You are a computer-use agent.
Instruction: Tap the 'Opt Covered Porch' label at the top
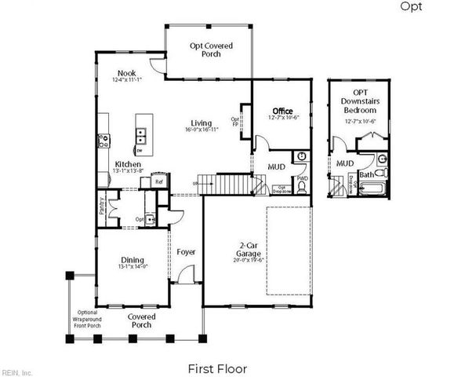pyautogui.click(x=212, y=50)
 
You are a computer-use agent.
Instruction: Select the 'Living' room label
pyautogui.click(x=202, y=123)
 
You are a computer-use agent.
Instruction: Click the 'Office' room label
pyautogui.click(x=282, y=111)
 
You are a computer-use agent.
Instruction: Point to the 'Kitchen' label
pyautogui.click(x=128, y=164)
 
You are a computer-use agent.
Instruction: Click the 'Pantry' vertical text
pyautogui.click(x=103, y=206)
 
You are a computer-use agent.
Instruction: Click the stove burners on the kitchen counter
pyautogui.click(x=102, y=142)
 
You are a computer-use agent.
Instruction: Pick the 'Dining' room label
pyautogui.click(x=132, y=260)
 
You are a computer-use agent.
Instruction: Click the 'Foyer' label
pyautogui.click(x=186, y=252)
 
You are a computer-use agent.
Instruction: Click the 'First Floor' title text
pyautogui.click(x=217, y=368)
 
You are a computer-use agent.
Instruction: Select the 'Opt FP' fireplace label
pyautogui.click(x=235, y=122)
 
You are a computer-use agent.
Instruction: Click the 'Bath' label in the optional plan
pyautogui.click(x=365, y=174)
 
